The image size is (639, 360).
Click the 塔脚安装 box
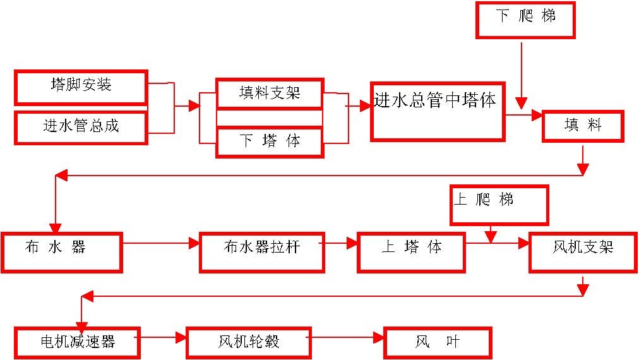(x=81, y=87)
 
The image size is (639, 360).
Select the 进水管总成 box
(x=81, y=127)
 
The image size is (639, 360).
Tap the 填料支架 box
(x=270, y=94)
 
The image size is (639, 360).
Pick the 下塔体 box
(x=270, y=141)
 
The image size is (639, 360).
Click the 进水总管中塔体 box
(x=438, y=111)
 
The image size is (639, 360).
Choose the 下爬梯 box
(x=525, y=19)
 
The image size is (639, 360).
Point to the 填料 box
(x=583, y=126)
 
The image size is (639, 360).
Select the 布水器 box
(x=61, y=252)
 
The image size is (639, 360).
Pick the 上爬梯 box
(x=499, y=204)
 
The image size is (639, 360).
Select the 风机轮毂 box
(x=248, y=343)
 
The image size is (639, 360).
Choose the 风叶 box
(x=437, y=343)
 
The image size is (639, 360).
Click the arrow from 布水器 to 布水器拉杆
(x=161, y=243)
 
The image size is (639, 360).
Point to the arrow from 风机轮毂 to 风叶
(x=347, y=338)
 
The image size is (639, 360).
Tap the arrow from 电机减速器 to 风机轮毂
(x=159, y=338)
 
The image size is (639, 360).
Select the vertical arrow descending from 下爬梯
(x=521, y=73)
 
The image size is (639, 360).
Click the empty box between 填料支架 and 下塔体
(x=270, y=118)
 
